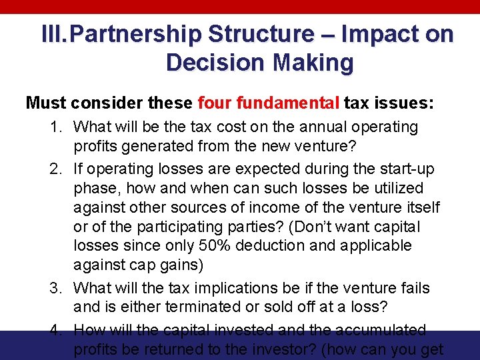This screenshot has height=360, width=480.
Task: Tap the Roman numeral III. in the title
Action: (x=57, y=34)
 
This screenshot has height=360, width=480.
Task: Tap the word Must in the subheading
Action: (x=45, y=103)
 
